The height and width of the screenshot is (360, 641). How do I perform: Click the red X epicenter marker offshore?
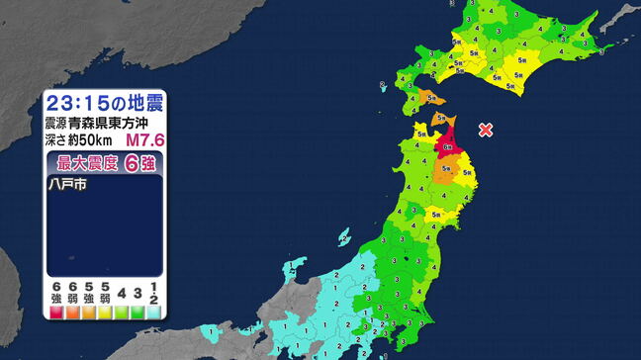(x=485, y=130)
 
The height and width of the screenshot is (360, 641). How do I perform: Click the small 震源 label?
(x=56, y=123)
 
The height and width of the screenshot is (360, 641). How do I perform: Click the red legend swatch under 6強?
(x=55, y=312)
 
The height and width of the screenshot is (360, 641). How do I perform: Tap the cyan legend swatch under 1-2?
(x=154, y=312)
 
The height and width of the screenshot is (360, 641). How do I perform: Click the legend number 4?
(x=123, y=294)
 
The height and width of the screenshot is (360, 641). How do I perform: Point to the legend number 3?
(x=137, y=294)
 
